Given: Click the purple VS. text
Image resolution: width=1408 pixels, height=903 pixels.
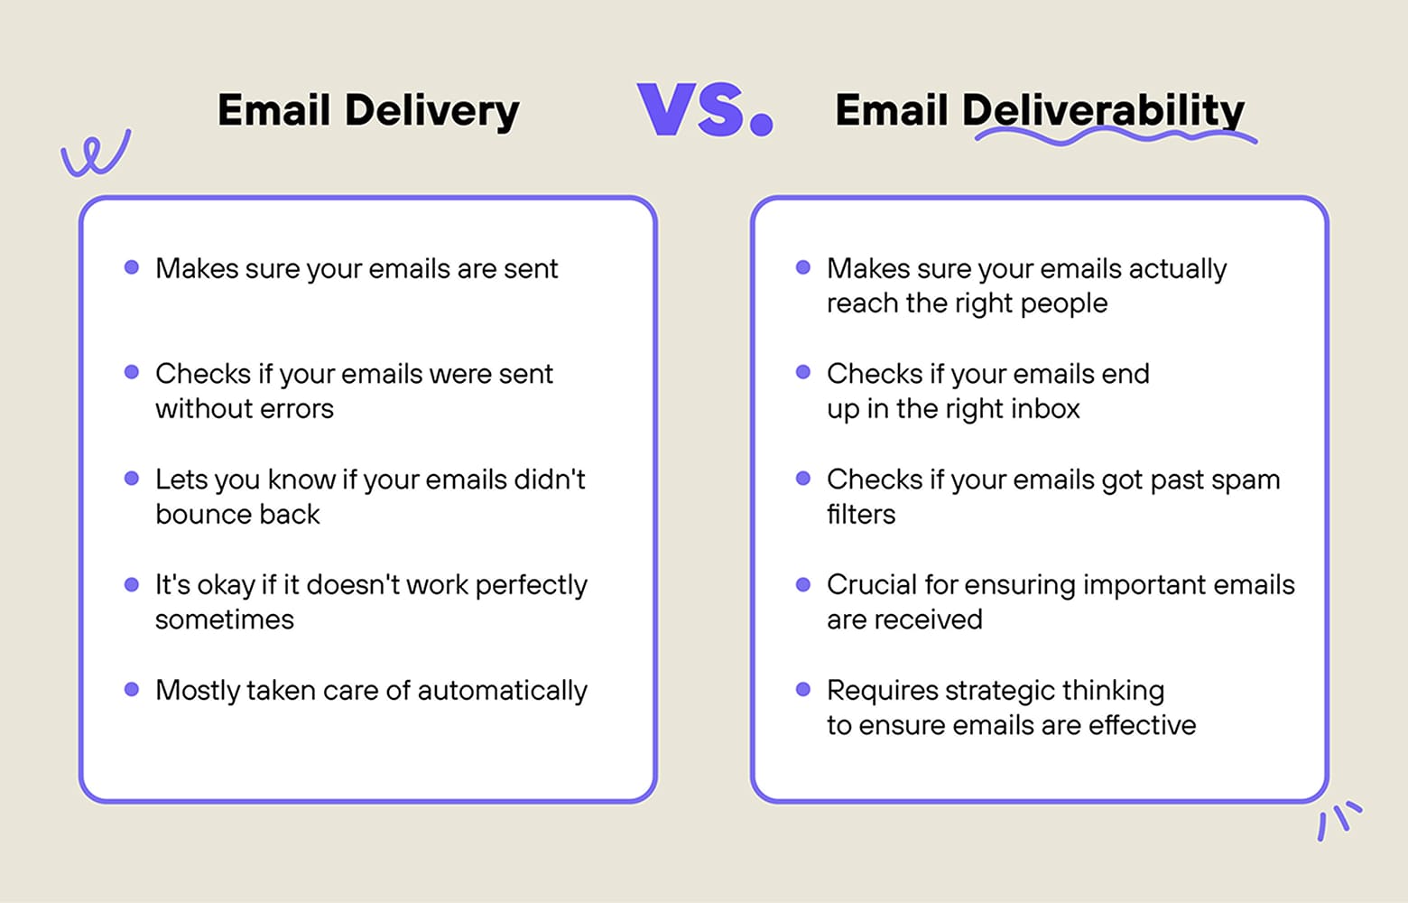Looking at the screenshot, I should (705, 110).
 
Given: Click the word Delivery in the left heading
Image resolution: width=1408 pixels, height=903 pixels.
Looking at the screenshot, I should (431, 112).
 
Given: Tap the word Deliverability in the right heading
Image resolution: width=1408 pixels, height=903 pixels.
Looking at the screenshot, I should (1103, 110).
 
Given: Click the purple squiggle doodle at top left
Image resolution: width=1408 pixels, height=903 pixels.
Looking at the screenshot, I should (95, 154).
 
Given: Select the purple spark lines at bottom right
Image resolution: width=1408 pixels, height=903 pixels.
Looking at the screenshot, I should (1339, 819).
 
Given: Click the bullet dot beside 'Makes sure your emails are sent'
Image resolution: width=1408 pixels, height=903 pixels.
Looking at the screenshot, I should (132, 267).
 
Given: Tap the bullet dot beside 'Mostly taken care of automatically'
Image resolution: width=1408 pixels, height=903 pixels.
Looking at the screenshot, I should (132, 689).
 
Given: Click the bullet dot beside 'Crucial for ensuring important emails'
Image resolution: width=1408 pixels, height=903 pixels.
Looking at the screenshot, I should (803, 584).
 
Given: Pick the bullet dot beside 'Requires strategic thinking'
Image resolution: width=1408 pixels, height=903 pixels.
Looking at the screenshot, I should (803, 689).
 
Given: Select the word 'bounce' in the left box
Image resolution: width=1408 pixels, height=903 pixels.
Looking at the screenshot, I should (191, 515).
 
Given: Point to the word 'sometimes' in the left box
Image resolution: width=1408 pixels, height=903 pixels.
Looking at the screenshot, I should (225, 620).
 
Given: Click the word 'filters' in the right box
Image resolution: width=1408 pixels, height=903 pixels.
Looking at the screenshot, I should (861, 515).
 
